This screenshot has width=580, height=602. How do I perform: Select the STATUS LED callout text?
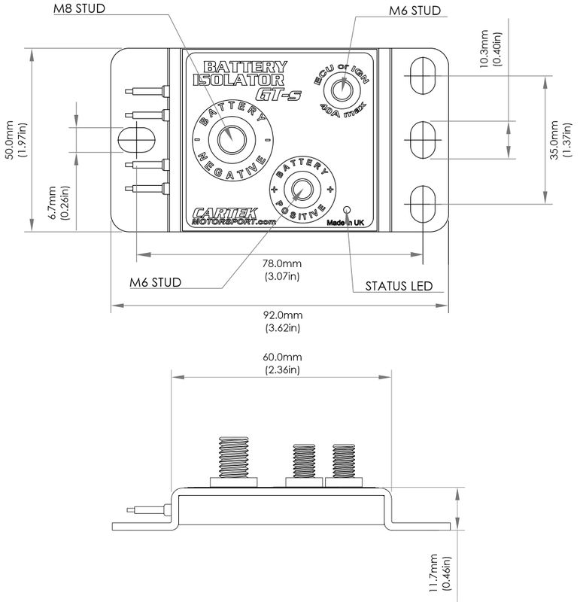tap(397, 286)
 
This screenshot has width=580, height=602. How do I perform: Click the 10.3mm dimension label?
tap(489, 48)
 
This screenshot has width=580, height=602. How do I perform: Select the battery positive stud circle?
tap(303, 188)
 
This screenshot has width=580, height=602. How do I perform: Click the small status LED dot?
tap(347, 210)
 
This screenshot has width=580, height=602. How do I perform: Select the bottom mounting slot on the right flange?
tap(424, 202)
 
